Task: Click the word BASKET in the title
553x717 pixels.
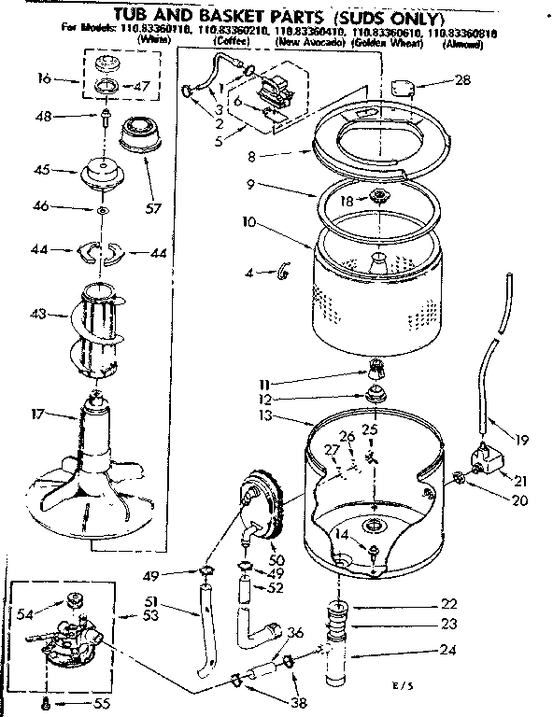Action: (232, 16)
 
